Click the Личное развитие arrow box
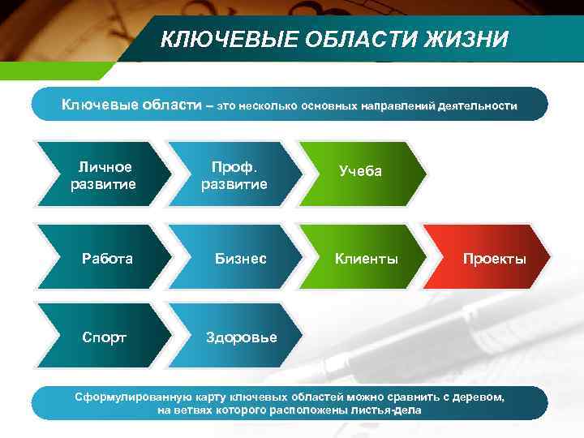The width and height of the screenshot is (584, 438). coord(103,175)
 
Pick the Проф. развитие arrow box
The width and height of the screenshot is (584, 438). coord(234,175)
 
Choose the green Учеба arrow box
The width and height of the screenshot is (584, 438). coord(361,172)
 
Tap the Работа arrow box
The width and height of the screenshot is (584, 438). coord(106,259)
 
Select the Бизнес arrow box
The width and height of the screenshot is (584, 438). coord(239,259)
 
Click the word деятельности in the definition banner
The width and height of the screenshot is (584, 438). coord(478,106)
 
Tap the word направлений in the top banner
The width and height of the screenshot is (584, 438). coord(397,106)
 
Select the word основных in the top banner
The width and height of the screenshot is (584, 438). coord(329,106)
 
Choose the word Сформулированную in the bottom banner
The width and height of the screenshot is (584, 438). coord(125,397)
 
